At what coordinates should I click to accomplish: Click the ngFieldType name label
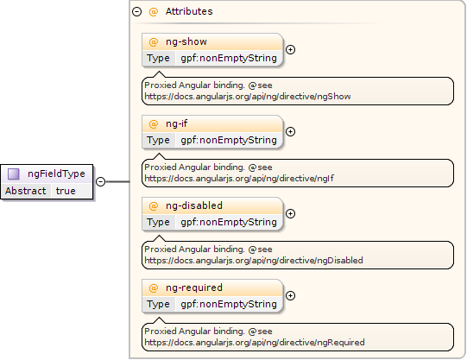tap(56, 174)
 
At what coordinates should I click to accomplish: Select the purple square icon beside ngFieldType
tap(14, 174)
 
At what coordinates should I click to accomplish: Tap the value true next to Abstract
tap(66, 191)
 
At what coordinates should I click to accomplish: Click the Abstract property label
tap(26, 191)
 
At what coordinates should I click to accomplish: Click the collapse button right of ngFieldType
tap(101, 181)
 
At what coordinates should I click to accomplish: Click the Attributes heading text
tap(189, 11)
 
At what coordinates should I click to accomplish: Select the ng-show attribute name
tap(186, 41)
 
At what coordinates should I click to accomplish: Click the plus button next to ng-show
tap(290, 50)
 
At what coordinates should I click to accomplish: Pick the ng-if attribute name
tap(177, 123)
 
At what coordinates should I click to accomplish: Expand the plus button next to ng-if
tap(290, 131)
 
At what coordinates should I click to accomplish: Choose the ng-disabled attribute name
tap(194, 205)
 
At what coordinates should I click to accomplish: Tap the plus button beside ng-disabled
tap(290, 213)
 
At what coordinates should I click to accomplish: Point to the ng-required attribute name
tap(194, 288)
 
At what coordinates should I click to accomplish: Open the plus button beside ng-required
tap(290, 295)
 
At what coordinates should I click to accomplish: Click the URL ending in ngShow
tap(248, 97)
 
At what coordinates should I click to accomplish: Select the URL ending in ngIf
tap(239, 179)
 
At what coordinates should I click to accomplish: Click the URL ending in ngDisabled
tap(254, 261)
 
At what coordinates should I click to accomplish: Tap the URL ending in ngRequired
tap(255, 343)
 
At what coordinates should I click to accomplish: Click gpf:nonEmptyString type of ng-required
tap(229, 304)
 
